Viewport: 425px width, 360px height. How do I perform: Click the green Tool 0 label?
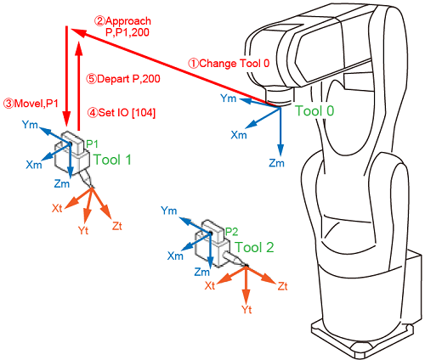coord(314,110)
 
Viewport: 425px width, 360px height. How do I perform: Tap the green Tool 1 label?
coord(112,160)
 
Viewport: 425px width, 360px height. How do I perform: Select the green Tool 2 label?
coord(254,247)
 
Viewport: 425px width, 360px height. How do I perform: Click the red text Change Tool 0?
coord(229,64)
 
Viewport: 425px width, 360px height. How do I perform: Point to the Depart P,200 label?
coord(123,79)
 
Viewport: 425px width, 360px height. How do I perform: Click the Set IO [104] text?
coord(122,113)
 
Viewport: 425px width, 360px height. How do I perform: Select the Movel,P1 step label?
coord(31,104)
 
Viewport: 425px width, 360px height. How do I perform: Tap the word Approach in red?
coord(127,21)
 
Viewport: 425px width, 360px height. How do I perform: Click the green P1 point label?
coord(92,143)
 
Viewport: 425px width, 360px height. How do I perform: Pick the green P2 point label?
coord(231,232)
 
